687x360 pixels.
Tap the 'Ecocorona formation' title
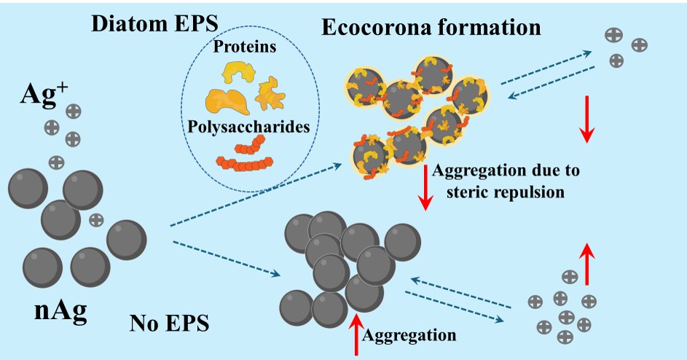(x=431, y=28)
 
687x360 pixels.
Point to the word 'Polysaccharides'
(x=248, y=126)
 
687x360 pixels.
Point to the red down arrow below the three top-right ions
(x=587, y=122)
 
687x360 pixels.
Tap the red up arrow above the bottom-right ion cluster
(x=586, y=257)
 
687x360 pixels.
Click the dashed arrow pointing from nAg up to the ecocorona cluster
(x=255, y=195)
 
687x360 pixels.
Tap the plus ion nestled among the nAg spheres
(x=95, y=219)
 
